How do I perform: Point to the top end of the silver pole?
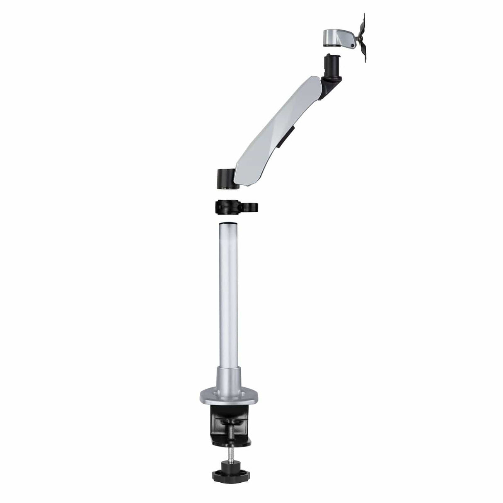coord(228,224)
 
